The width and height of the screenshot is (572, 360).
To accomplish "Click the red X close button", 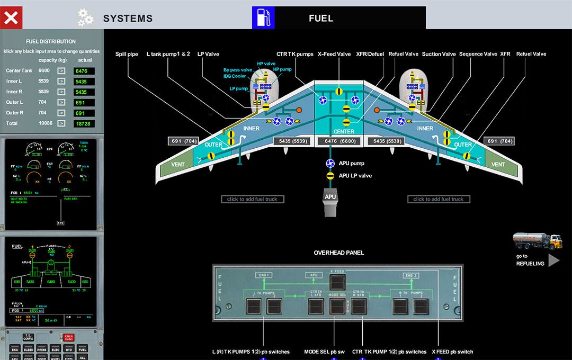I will pyautogui.click(x=11, y=18).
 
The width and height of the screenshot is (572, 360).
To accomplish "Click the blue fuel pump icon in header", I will pyautogui.click(x=263, y=18).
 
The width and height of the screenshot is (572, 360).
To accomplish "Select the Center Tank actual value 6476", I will pyautogui.click(x=84, y=71).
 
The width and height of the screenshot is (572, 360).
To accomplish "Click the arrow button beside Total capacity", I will pyautogui.click(x=61, y=123).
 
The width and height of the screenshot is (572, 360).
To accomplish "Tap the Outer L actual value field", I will pyautogui.click(x=84, y=102).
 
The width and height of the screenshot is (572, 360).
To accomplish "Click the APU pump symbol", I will pyautogui.click(x=330, y=164).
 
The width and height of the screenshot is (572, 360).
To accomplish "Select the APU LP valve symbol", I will pyautogui.click(x=330, y=175).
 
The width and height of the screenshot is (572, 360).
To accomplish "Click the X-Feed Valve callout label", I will pyautogui.click(x=334, y=54).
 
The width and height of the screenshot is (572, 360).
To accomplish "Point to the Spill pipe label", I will pyautogui.click(x=127, y=54).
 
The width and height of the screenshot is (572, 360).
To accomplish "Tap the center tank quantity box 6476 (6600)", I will pyautogui.click(x=337, y=141).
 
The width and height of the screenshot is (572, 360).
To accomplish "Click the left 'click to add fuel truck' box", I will pyautogui.click(x=252, y=199).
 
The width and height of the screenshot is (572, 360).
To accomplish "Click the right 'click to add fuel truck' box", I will pyautogui.click(x=438, y=199).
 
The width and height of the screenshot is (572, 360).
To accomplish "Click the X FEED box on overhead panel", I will pyautogui.click(x=337, y=272).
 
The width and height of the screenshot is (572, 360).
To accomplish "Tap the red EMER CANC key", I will pyautogui.click(x=68, y=337).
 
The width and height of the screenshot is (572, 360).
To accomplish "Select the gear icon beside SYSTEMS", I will pyautogui.click(x=85, y=18).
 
